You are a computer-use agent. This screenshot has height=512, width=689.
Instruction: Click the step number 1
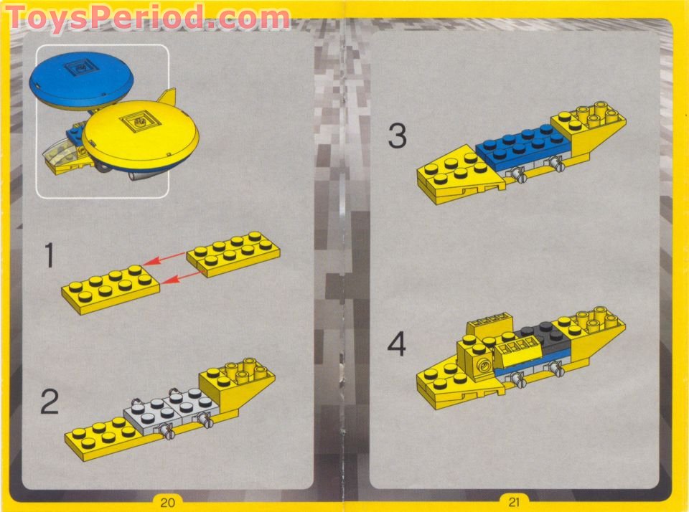tap(49, 256)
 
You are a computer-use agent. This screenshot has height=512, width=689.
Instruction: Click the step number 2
tap(49, 402)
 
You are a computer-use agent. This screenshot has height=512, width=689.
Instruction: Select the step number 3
tap(398, 136)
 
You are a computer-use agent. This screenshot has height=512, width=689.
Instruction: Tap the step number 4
tap(397, 345)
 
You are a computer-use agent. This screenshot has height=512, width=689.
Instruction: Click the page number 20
tap(168, 502)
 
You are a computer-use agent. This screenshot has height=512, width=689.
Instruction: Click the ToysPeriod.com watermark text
tap(147, 17)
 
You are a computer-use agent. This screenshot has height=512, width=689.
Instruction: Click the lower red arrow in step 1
tap(175, 280)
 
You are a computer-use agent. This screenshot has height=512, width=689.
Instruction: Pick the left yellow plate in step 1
tap(109, 288)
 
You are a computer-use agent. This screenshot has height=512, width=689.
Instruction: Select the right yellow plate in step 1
tap(234, 253)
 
